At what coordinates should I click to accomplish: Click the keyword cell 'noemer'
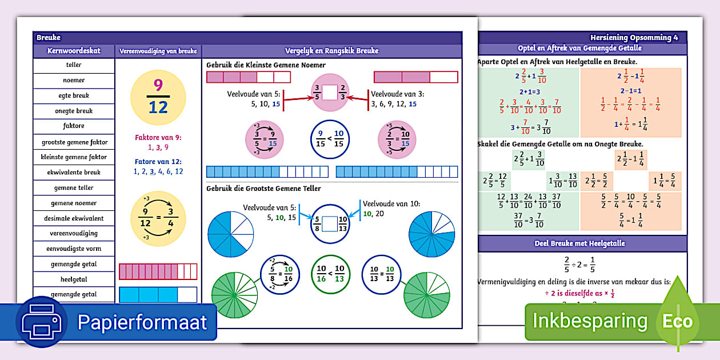click(x=74, y=81)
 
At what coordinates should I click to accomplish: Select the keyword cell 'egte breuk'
click(x=74, y=96)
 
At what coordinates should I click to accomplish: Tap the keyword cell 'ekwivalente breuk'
click(x=74, y=172)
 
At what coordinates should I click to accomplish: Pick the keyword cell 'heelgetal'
click(x=74, y=279)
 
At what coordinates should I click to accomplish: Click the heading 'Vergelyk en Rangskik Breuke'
click(x=332, y=51)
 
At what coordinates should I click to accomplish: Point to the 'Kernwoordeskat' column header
click(x=74, y=51)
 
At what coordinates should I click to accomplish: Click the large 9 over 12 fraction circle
click(x=158, y=95)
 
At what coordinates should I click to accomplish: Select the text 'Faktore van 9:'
click(x=158, y=137)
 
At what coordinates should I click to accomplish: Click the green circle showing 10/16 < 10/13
click(x=330, y=273)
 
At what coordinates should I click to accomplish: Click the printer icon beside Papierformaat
click(x=41, y=322)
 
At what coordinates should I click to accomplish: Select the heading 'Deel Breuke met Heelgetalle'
click(x=583, y=243)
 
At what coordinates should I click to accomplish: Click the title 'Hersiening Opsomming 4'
click(x=634, y=38)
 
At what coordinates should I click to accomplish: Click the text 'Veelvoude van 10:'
click(x=391, y=203)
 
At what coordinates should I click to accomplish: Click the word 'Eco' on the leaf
click(x=677, y=321)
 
